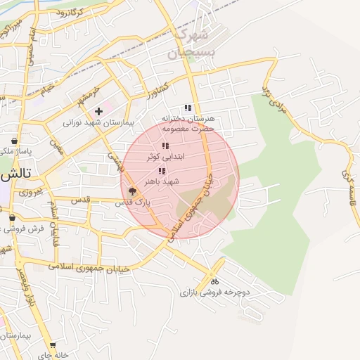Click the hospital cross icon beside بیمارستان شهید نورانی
coord(99,111)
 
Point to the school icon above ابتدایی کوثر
coord(165,146)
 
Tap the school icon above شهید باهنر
coord(162,171)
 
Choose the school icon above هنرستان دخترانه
coord(187,108)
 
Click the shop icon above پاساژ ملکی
coord(14,141)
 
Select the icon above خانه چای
coord(52,345)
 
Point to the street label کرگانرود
coord(70,12)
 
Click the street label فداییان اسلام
coord(53,215)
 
